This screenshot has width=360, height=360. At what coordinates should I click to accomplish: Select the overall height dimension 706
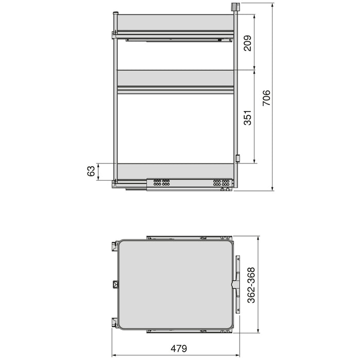point(266,98)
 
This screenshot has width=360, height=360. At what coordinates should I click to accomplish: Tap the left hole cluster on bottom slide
point(159,182)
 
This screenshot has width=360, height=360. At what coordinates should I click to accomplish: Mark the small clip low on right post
point(237,158)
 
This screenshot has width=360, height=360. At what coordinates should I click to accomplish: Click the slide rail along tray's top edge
point(188,238)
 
